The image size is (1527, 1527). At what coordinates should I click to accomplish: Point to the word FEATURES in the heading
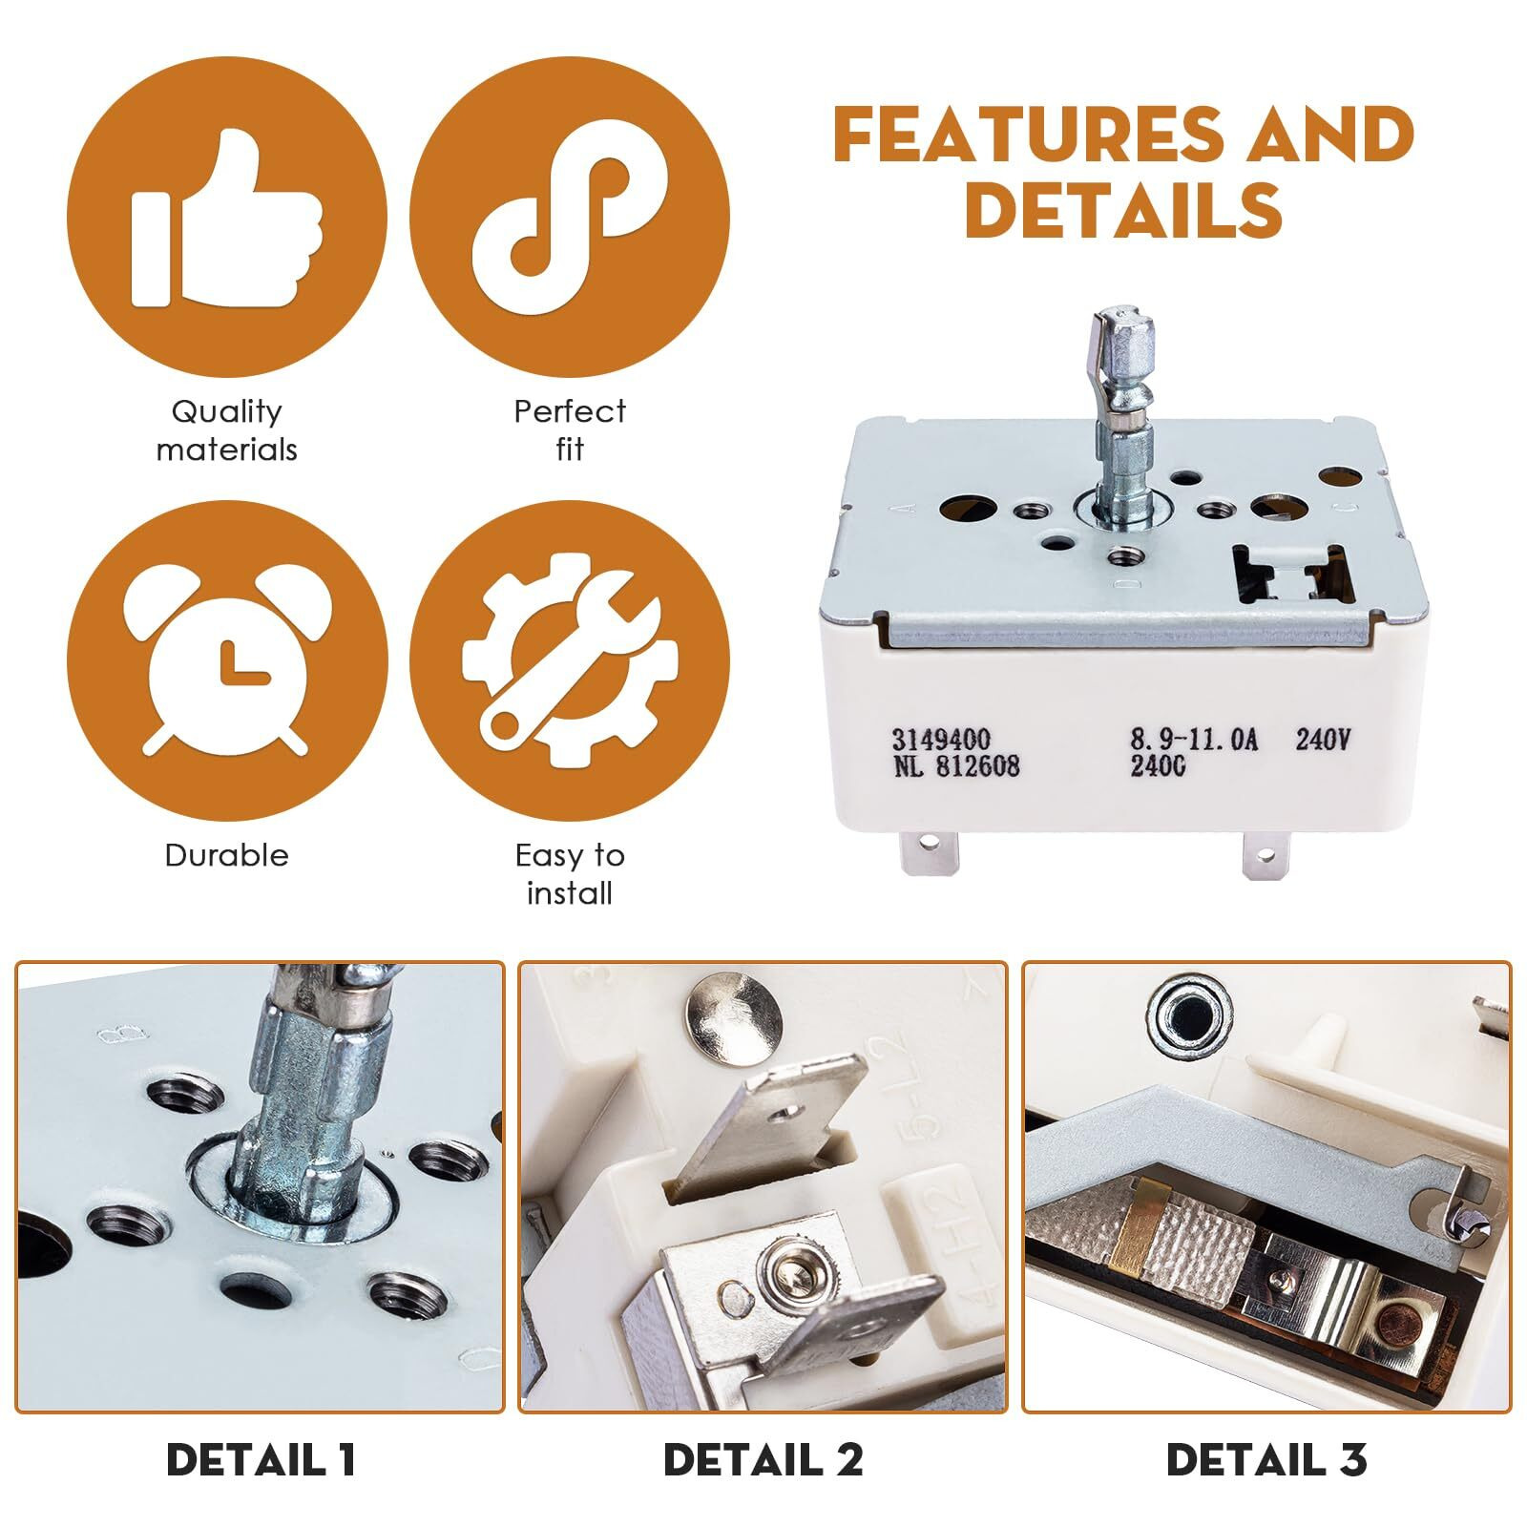click(x=1028, y=134)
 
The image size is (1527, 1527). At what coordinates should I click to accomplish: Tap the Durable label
click(x=227, y=855)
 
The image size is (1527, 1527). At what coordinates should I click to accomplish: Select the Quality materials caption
click(x=227, y=430)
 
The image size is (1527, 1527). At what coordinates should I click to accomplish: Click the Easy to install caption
click(x=570, y=874)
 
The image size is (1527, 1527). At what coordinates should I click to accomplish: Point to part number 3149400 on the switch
click(x=941, y=740)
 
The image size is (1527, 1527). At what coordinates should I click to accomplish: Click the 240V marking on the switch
click(x=1323, y=740)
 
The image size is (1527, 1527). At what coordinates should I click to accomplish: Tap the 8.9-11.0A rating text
click(x=1195, y=740)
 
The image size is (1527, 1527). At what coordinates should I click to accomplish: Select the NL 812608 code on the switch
click(x=955, y=765)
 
